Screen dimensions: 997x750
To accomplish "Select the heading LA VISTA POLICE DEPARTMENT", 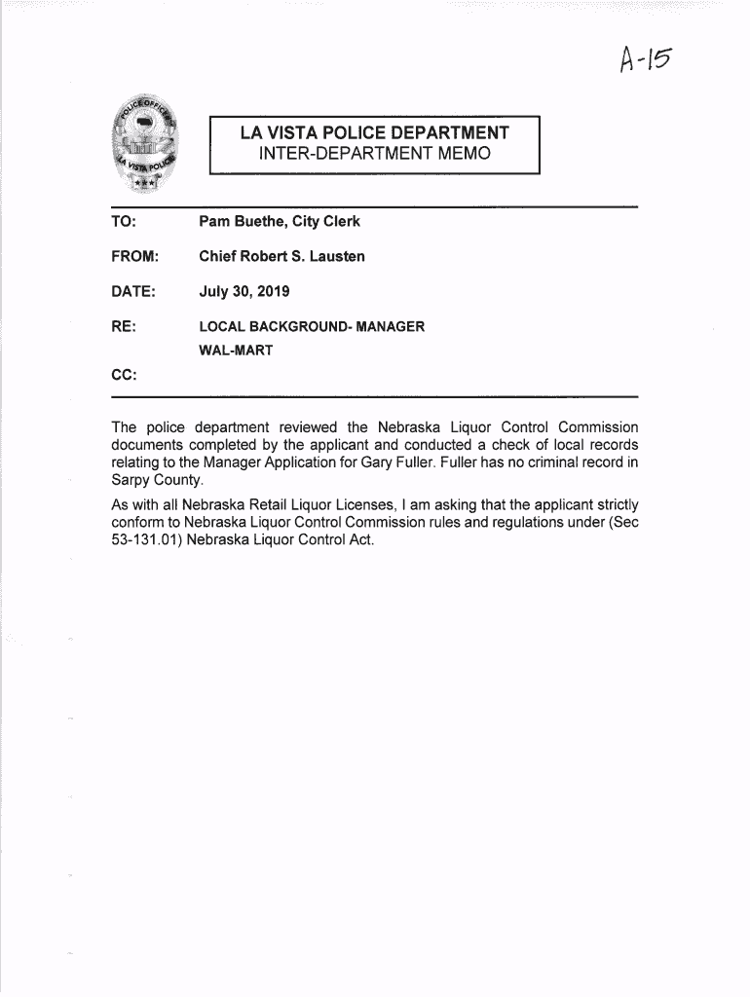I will point(375,133).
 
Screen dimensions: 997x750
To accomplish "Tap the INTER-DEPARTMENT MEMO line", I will point(375,155).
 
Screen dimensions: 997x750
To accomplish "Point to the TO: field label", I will point(124,222).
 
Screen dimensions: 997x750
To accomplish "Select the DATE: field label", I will point(133,292).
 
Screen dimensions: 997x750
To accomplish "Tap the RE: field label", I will point(123,327).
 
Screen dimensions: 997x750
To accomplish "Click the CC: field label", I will point(123,374).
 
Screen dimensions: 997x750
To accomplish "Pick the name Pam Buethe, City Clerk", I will point(280,222).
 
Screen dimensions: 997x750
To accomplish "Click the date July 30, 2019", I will point(244,292).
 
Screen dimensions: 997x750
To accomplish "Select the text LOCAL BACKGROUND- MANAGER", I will point(312,327).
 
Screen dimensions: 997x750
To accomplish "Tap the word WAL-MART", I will point(236,351).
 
